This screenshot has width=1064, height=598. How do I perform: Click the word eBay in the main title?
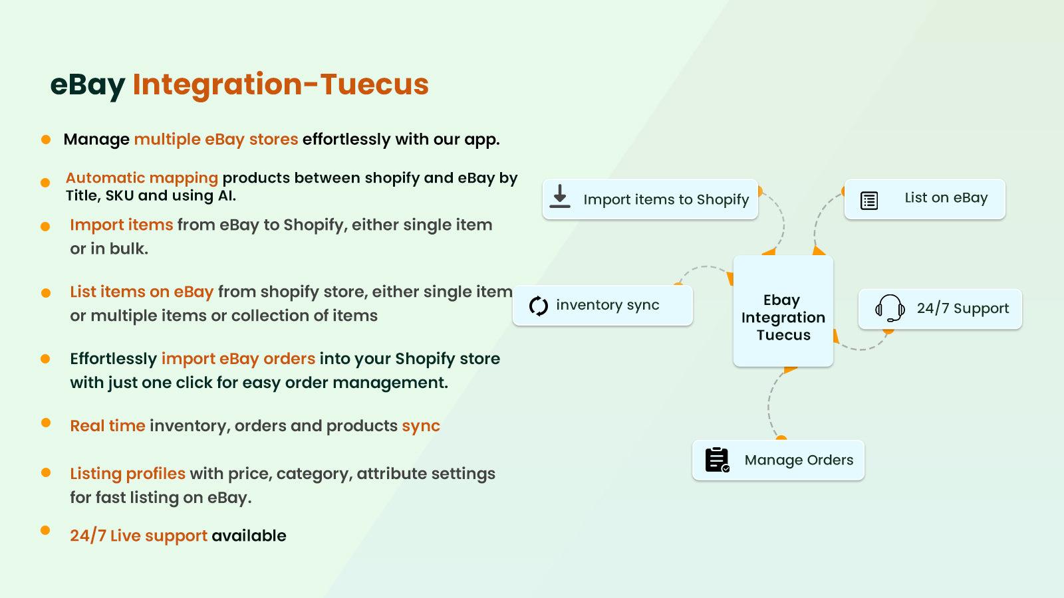(87, 85)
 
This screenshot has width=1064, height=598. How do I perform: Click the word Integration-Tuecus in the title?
(281, 84)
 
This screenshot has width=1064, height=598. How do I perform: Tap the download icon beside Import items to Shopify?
(560, 197)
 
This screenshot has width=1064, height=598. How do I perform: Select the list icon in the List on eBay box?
(869, 200)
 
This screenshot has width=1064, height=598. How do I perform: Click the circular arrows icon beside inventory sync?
(538, 306)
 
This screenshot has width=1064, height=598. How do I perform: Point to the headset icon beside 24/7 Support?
(890, 308)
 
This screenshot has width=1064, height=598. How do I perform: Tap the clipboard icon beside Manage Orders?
(717, 460)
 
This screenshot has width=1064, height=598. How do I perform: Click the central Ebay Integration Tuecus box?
(783, 311)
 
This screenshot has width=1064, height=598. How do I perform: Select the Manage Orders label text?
(799, 460)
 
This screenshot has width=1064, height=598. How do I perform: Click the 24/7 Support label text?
(962, 308)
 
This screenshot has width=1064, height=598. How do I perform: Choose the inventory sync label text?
(607, 305)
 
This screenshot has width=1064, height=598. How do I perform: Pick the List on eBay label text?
(946, 198)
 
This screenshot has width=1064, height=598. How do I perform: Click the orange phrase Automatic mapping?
(142, 178)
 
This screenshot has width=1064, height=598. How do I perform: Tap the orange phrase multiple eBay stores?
(215, 140)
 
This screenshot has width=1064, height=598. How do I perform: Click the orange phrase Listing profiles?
(128, 474)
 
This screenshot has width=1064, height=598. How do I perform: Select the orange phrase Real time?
(107, 426)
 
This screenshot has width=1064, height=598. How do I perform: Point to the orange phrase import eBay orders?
(238, 359)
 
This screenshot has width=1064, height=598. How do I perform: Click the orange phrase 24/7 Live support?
(138, 536)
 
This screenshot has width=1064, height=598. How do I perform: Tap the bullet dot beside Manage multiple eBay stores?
(46, 140)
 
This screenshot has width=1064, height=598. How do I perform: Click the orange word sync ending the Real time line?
(420, 426)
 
